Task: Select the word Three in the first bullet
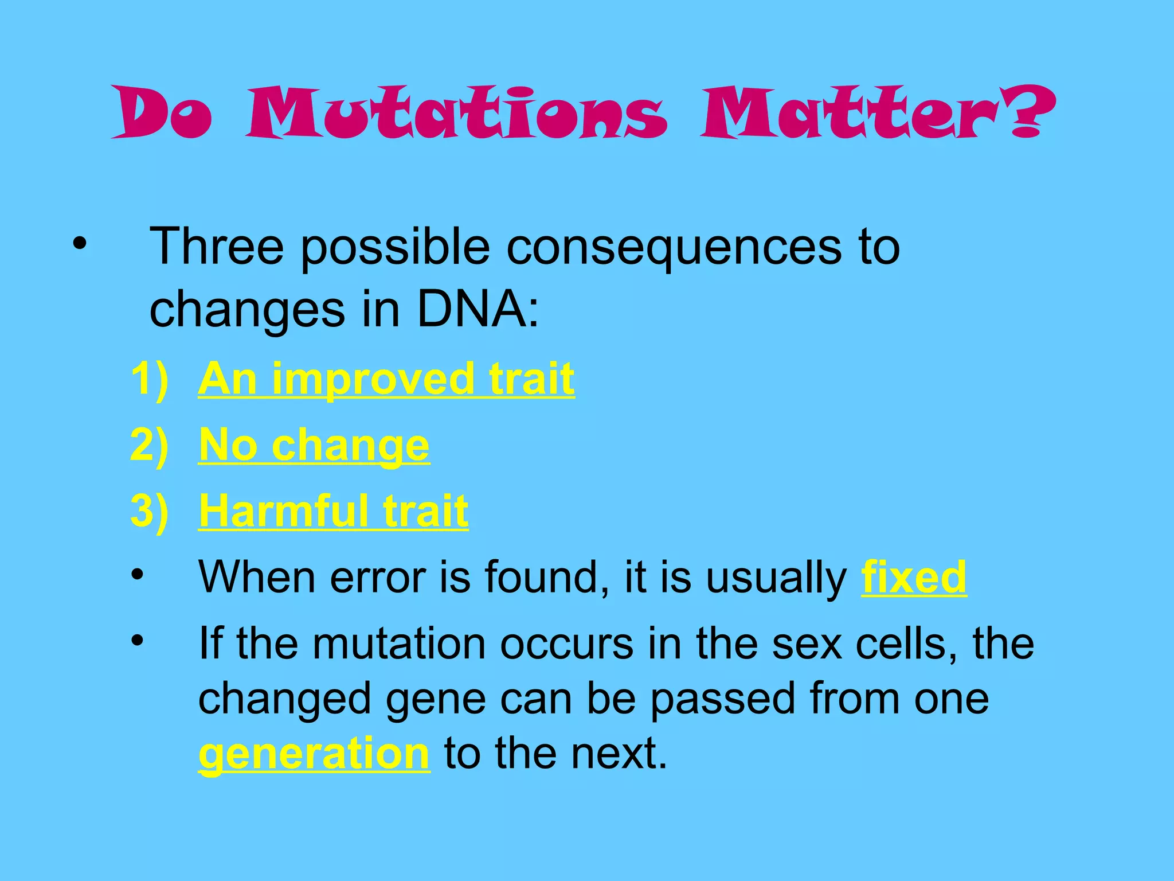[217, 247]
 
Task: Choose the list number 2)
[150, 445]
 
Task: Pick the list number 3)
[150, 510]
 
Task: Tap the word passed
[723, 699]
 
